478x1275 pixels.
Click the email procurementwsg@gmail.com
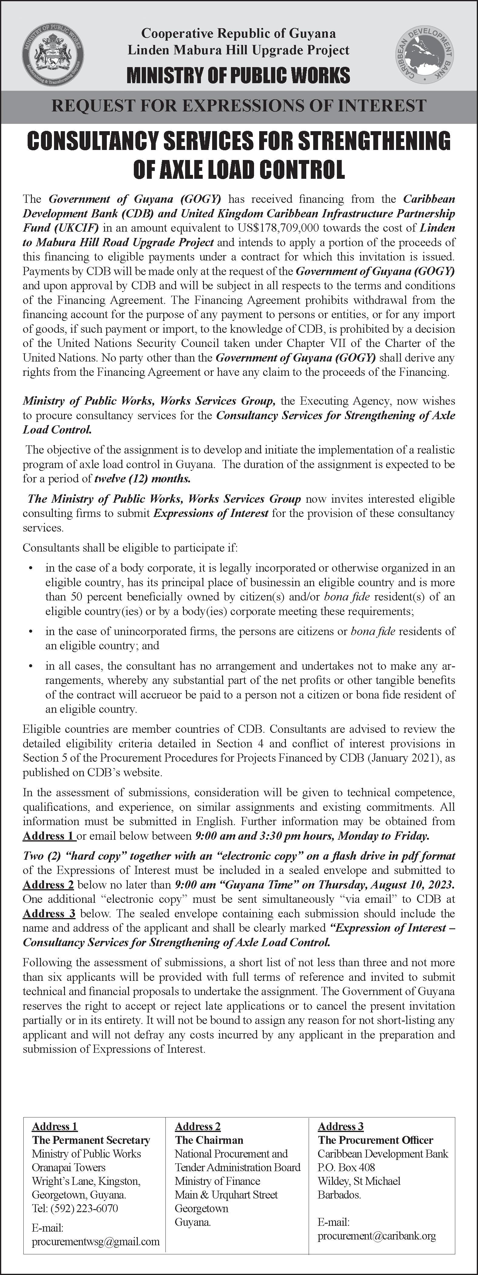(x=96, y=1241)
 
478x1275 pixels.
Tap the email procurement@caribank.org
(x=377, y=1236)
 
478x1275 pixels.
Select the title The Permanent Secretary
(x=90, y=1140)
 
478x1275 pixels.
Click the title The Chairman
(x=209, y=1140)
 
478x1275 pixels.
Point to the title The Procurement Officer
(x=375, y=1140)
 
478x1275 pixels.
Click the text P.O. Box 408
(x=346, y=1167)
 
